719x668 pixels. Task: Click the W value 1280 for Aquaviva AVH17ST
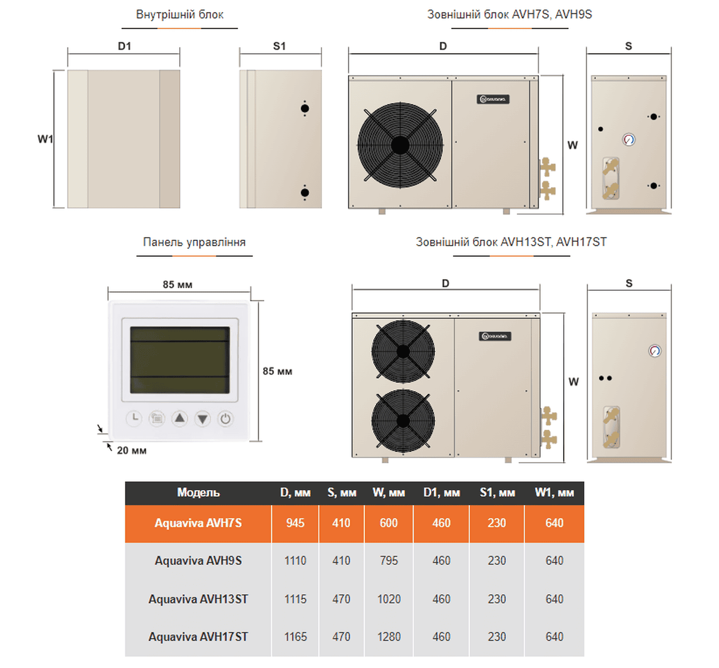tap(388, 637)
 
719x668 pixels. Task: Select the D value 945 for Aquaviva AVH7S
tap(295, 523)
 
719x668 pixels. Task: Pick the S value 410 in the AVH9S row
tap(341, 561)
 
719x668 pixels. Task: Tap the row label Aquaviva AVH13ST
tap(198, 599)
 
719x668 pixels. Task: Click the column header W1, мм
tap(554, 493)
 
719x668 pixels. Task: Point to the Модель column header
tap(198, 493)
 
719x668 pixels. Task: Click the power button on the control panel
tap(225, 419)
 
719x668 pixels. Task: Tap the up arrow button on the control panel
tap(180, 418)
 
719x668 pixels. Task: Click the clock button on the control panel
tap(134, 418)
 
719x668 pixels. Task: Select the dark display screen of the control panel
tap(180, 360)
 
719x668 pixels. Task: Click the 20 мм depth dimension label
tap(132, 451)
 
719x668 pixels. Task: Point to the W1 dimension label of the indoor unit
tap(45, 139)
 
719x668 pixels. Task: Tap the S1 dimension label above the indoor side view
tap(279, 46)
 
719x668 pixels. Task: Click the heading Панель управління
tap(194, 242)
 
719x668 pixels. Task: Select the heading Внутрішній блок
tap(180, 14)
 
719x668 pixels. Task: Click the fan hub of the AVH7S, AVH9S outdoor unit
tap(400, 145)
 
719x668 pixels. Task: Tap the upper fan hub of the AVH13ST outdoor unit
tap(403, 352)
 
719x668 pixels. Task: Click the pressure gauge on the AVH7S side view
tap(629, 139)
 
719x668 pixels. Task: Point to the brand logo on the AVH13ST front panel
tap(495, 336)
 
